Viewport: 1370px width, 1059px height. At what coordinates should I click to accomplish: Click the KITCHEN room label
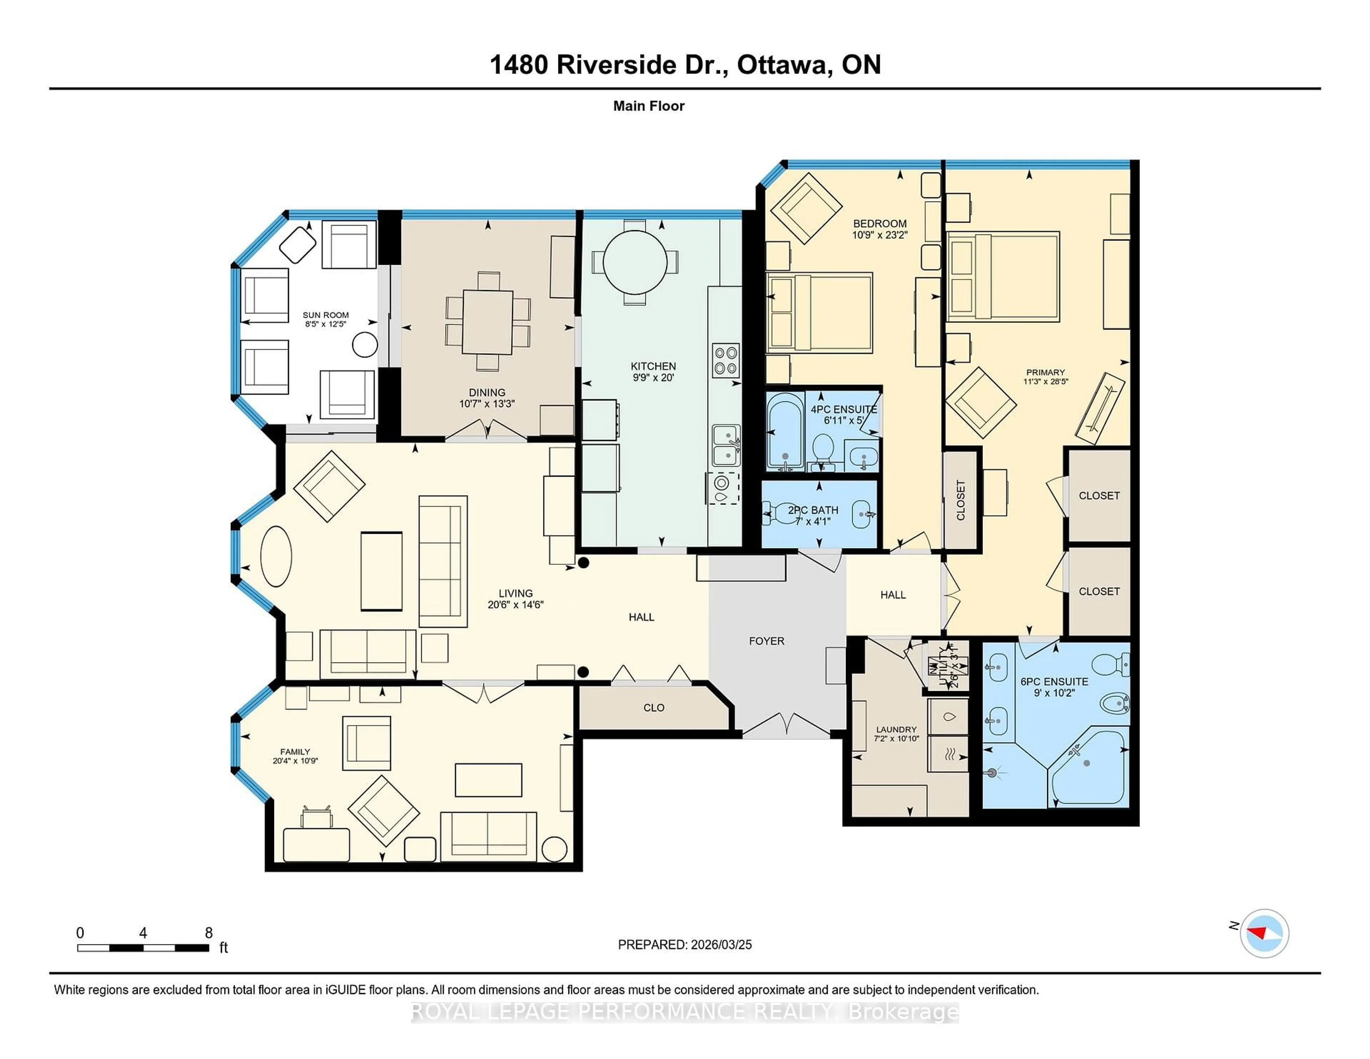point(653,366)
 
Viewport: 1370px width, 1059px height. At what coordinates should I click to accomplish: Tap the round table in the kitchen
point(635,262)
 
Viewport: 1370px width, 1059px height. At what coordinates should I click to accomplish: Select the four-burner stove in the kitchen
point(726,361)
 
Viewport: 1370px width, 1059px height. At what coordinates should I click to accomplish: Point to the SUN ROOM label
point(326,315)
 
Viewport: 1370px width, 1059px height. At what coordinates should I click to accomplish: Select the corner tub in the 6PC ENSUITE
point(1089,769)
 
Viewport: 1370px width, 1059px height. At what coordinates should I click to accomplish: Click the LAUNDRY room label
point(896,729)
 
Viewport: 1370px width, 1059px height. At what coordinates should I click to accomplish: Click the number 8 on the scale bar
point(209,933)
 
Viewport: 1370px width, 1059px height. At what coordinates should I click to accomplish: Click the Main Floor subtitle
point(649,106)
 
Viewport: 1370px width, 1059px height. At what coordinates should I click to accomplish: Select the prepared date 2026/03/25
point(720,944)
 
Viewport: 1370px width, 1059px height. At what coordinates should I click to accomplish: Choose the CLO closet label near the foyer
point(654,708)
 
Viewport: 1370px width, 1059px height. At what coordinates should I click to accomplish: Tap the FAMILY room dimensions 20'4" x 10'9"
point(295,760)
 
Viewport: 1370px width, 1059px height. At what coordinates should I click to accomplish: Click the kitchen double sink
point(726,445)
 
